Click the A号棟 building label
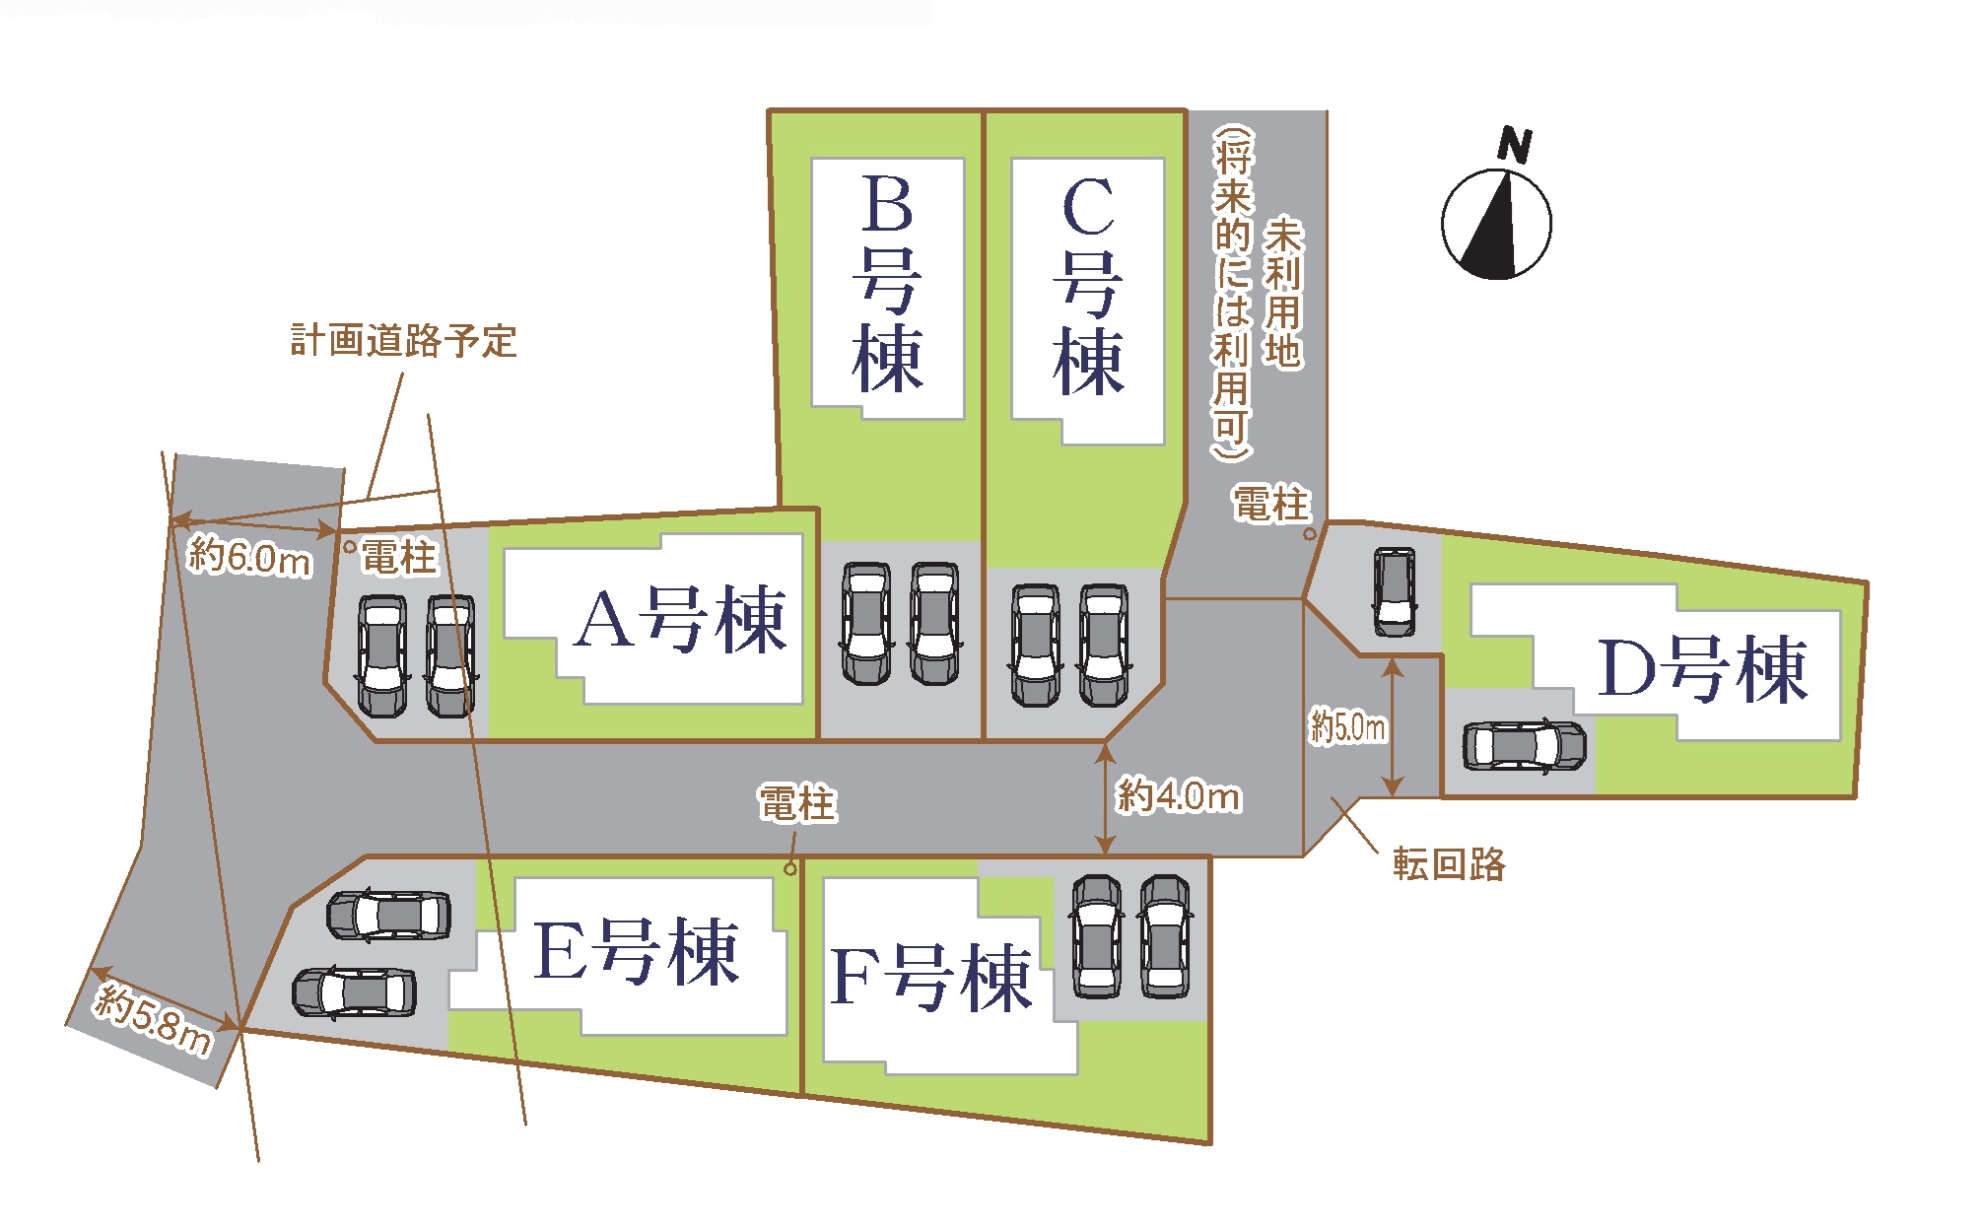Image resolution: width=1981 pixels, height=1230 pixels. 681,620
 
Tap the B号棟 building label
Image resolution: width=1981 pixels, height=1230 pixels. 887,283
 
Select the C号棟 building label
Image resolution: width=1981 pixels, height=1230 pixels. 1088,286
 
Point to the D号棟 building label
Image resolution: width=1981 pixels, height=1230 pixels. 1703,669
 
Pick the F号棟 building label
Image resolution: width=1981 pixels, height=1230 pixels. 931,977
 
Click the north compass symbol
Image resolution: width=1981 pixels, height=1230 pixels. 1496,224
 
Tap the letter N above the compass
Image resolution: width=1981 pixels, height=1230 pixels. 1515,145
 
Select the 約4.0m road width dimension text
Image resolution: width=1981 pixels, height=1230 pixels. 1179,794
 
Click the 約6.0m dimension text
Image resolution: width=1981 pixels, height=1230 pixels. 250,557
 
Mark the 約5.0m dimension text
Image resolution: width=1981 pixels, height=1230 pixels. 1347,727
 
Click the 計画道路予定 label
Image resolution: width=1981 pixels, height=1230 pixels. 403,341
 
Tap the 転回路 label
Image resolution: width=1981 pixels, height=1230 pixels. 1449,863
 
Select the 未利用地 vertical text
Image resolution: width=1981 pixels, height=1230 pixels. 1283,293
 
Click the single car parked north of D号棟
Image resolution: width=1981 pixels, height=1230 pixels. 1395,591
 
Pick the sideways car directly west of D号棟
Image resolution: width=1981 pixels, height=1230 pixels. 1525,745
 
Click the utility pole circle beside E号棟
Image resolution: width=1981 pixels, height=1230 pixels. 789,868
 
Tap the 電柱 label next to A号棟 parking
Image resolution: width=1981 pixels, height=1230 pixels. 398,557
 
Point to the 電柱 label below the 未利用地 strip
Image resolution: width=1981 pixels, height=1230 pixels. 1271,504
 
